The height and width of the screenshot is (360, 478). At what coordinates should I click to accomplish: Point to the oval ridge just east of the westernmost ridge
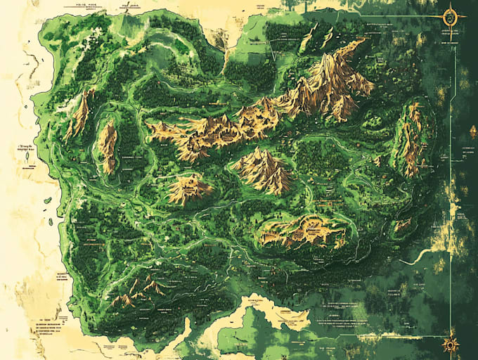(x=108, y=145)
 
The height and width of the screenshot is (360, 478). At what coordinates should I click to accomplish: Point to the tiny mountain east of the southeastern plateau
(x=402, y=225)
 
